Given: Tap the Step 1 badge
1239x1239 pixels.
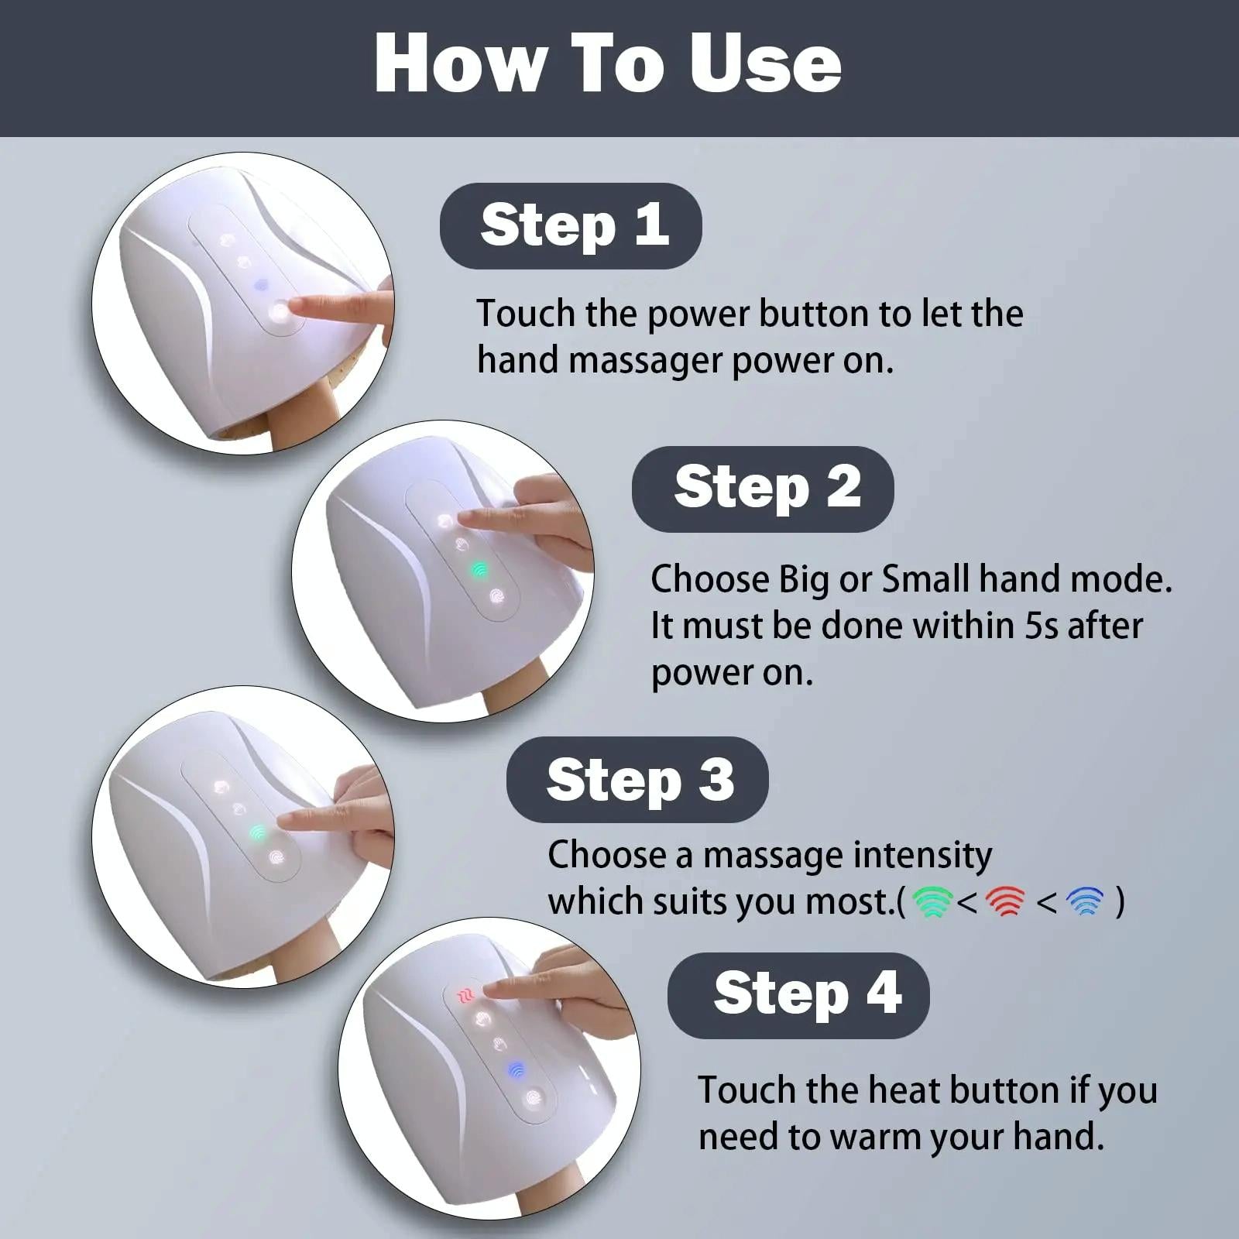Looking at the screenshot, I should pos(571,225).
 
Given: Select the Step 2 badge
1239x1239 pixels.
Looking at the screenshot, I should pos(764,489).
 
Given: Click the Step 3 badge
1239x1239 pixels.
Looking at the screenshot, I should pos(638,780).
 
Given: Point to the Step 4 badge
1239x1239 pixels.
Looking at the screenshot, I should pos(799,994).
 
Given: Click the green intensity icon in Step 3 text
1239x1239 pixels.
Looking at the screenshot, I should pos(932,901).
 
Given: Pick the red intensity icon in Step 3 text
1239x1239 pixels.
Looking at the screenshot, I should pos(1006,901).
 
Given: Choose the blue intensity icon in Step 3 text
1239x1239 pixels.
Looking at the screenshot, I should pos(1084,901).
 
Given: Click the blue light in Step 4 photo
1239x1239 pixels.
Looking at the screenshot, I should pos(515,1071).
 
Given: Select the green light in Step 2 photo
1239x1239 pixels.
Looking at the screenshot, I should pos(479,571).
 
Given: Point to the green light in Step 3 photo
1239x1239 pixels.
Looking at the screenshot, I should pos(258,833).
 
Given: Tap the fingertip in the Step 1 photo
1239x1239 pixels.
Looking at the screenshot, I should pos(304,307).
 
